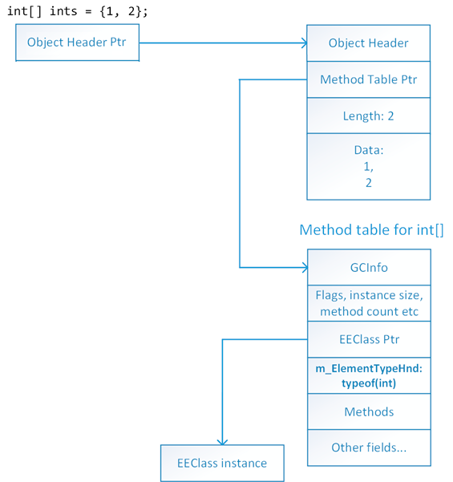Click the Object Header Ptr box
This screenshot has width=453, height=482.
coord(78,43)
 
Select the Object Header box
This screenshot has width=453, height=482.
coord(369,43)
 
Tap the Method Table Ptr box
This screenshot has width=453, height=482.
coord(369,79)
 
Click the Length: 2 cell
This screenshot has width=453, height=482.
coord(369,115)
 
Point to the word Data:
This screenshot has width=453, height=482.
coord(369,150)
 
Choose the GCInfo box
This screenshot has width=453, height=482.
coord(369,267)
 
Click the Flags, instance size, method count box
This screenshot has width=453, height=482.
coord(369,303)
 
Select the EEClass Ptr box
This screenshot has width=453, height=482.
coord(369,339)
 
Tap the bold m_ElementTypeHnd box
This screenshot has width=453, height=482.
coord(369,375)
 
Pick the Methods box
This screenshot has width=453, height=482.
coord(369,411)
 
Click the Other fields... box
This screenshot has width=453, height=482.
coord(369,448)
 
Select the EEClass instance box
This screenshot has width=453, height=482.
coord(222,463)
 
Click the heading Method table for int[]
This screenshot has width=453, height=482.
coord(371,230)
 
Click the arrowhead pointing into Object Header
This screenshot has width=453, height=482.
coord(305,43)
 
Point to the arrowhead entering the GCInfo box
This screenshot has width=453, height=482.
coord(305,267)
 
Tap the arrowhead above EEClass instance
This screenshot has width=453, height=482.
coord(222,442)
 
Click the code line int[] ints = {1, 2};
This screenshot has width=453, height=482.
coord(78,11)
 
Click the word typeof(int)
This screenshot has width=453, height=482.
coord(369,383)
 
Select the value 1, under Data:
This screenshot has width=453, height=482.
coord(369,167)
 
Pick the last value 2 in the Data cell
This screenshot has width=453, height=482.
coord(369,183)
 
